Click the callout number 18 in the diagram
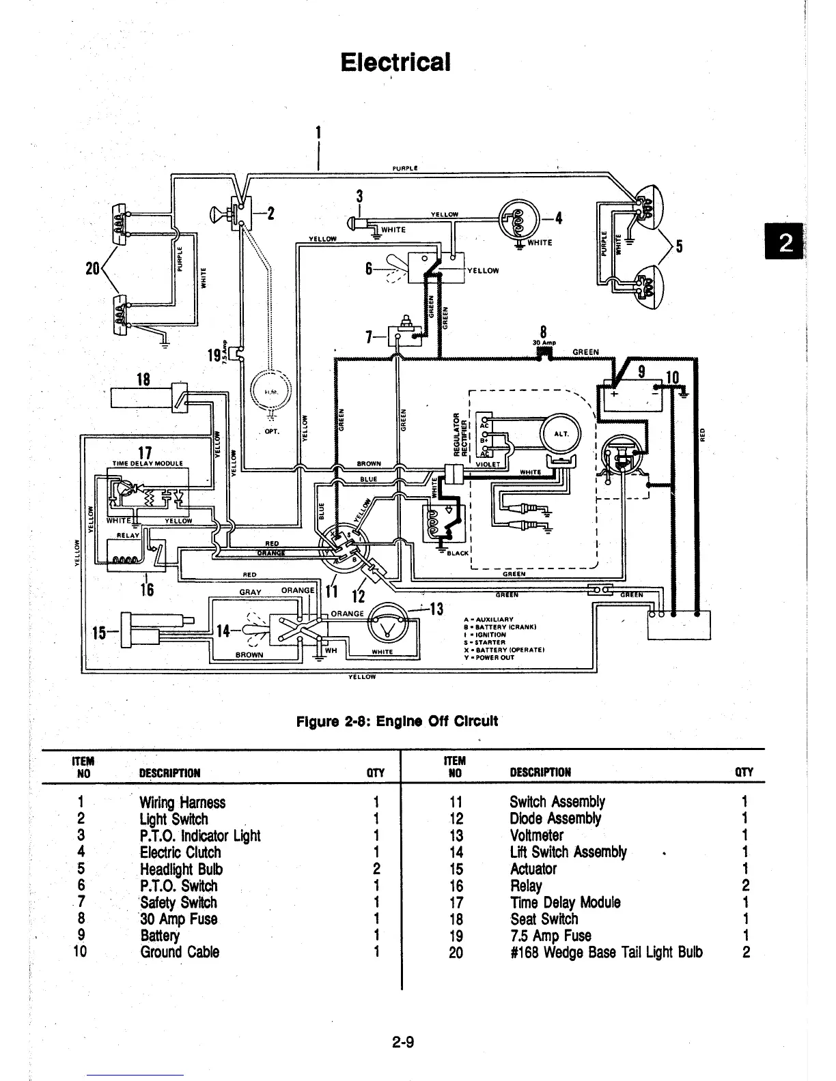tap(143, 379)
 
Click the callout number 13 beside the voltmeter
tap(437, 609)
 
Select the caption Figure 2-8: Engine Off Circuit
tap(396, 721)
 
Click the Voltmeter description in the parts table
tap(537, 836)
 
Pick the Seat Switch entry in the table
tap(544, 919)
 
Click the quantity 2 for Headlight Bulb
tap(377, 869)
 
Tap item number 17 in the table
tap(456, 903)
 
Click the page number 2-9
tap(404, 1042)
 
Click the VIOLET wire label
tap(488, 465)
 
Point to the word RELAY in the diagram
tap(128, 536)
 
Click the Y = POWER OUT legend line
tap(489, 658)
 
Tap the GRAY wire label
tap(250, 592)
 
